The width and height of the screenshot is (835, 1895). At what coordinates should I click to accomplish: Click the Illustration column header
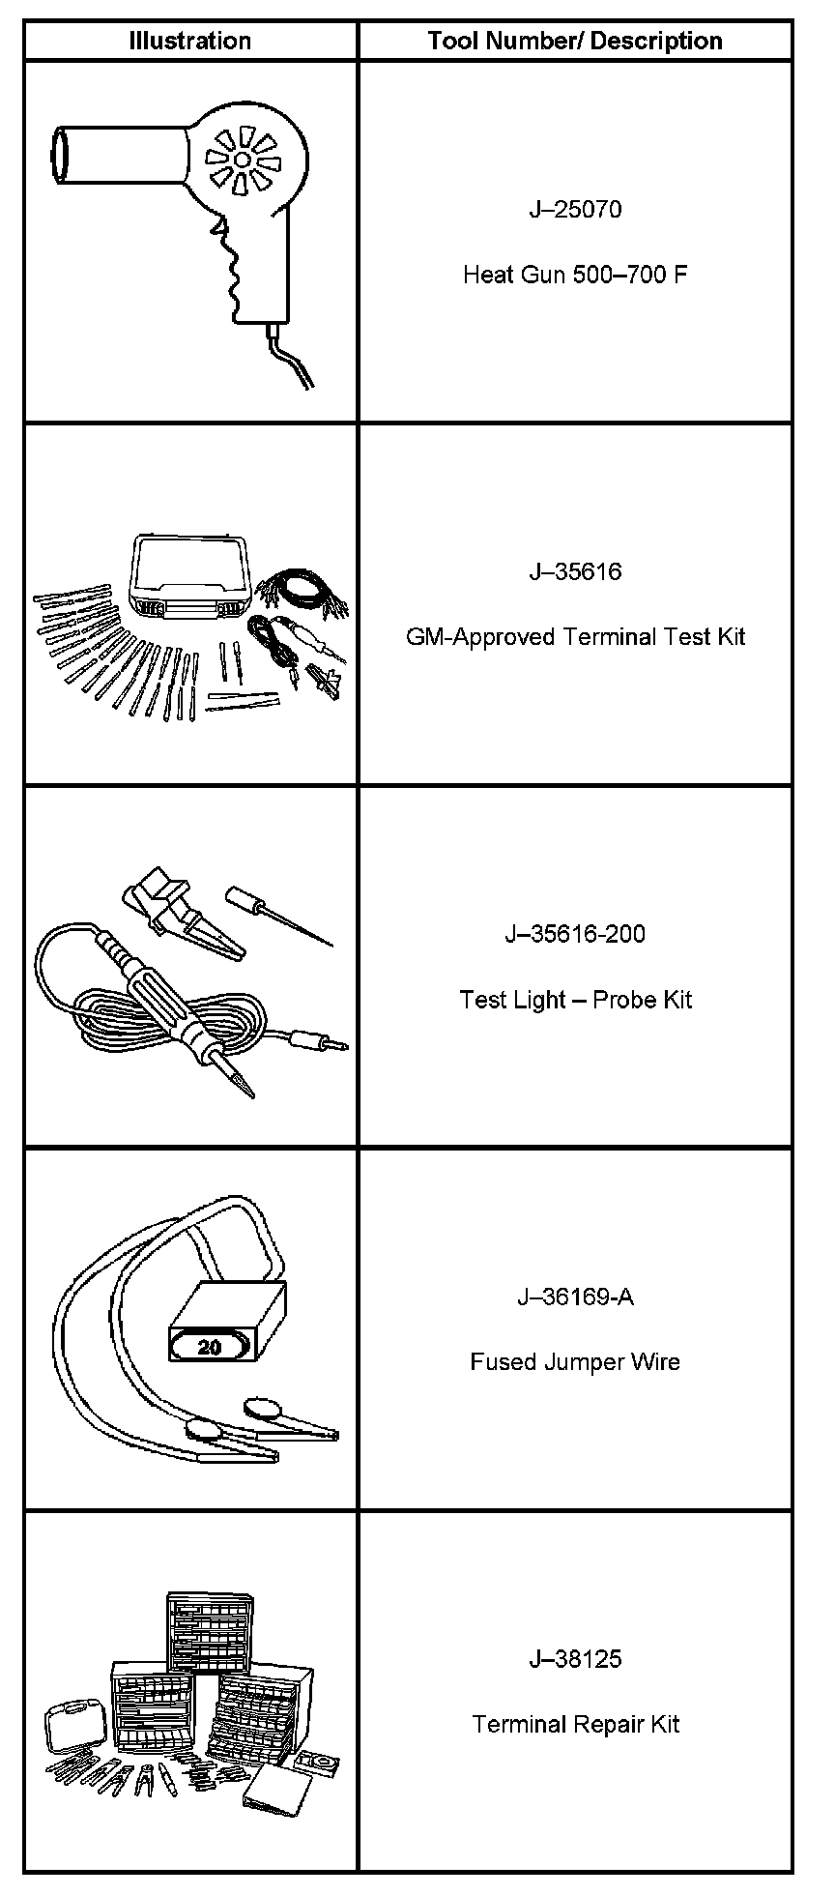click(x=190, y=41)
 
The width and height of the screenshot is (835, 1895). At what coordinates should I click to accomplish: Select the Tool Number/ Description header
click(x=575, y=41)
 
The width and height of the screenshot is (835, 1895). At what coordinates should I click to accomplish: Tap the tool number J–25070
click(x=575, y=209)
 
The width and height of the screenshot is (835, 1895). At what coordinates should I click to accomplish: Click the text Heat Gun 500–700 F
click(x=575, y=275)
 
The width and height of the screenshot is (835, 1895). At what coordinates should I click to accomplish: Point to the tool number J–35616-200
click(x=575, y=934)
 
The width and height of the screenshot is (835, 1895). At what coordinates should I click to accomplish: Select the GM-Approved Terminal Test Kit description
click(x=575, y=637)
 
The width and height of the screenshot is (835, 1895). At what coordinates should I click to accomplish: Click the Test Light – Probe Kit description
click(x=575, y=1000)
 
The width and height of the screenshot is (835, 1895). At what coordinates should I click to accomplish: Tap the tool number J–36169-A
click(x=575, y=1297)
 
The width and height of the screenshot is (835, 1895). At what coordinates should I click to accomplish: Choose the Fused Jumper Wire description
click(x=575, y=1362)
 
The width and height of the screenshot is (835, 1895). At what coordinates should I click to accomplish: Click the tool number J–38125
click(x=575, y=1659)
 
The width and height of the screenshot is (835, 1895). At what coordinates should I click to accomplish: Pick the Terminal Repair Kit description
click(x=575, y=1725)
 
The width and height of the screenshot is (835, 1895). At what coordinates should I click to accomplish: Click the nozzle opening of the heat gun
click(x=60, y=155)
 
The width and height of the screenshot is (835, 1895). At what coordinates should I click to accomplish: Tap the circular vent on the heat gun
click(x=242, y=159)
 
